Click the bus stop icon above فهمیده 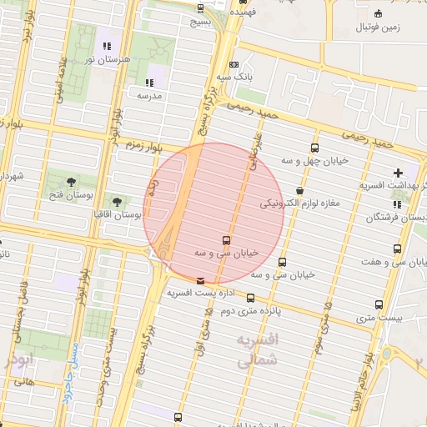click(x=200, y=8)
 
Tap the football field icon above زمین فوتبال click(x=379, y=13)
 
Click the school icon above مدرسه click(x=150, y=83)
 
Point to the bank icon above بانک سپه click(x=234, y=64)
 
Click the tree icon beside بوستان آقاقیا click(x=117, y=201)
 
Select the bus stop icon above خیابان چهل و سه click(x=314, y=144)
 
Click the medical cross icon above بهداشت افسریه click(x=399, y=173)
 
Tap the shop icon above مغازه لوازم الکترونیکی click(x=300, y=190)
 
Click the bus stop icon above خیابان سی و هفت click(x=397, y=249)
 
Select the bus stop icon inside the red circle click(x=226, y=240)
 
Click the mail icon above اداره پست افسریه click(x=199, y=281)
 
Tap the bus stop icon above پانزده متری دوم click(x=251, y=298)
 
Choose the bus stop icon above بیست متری click(x=379, y=304)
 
